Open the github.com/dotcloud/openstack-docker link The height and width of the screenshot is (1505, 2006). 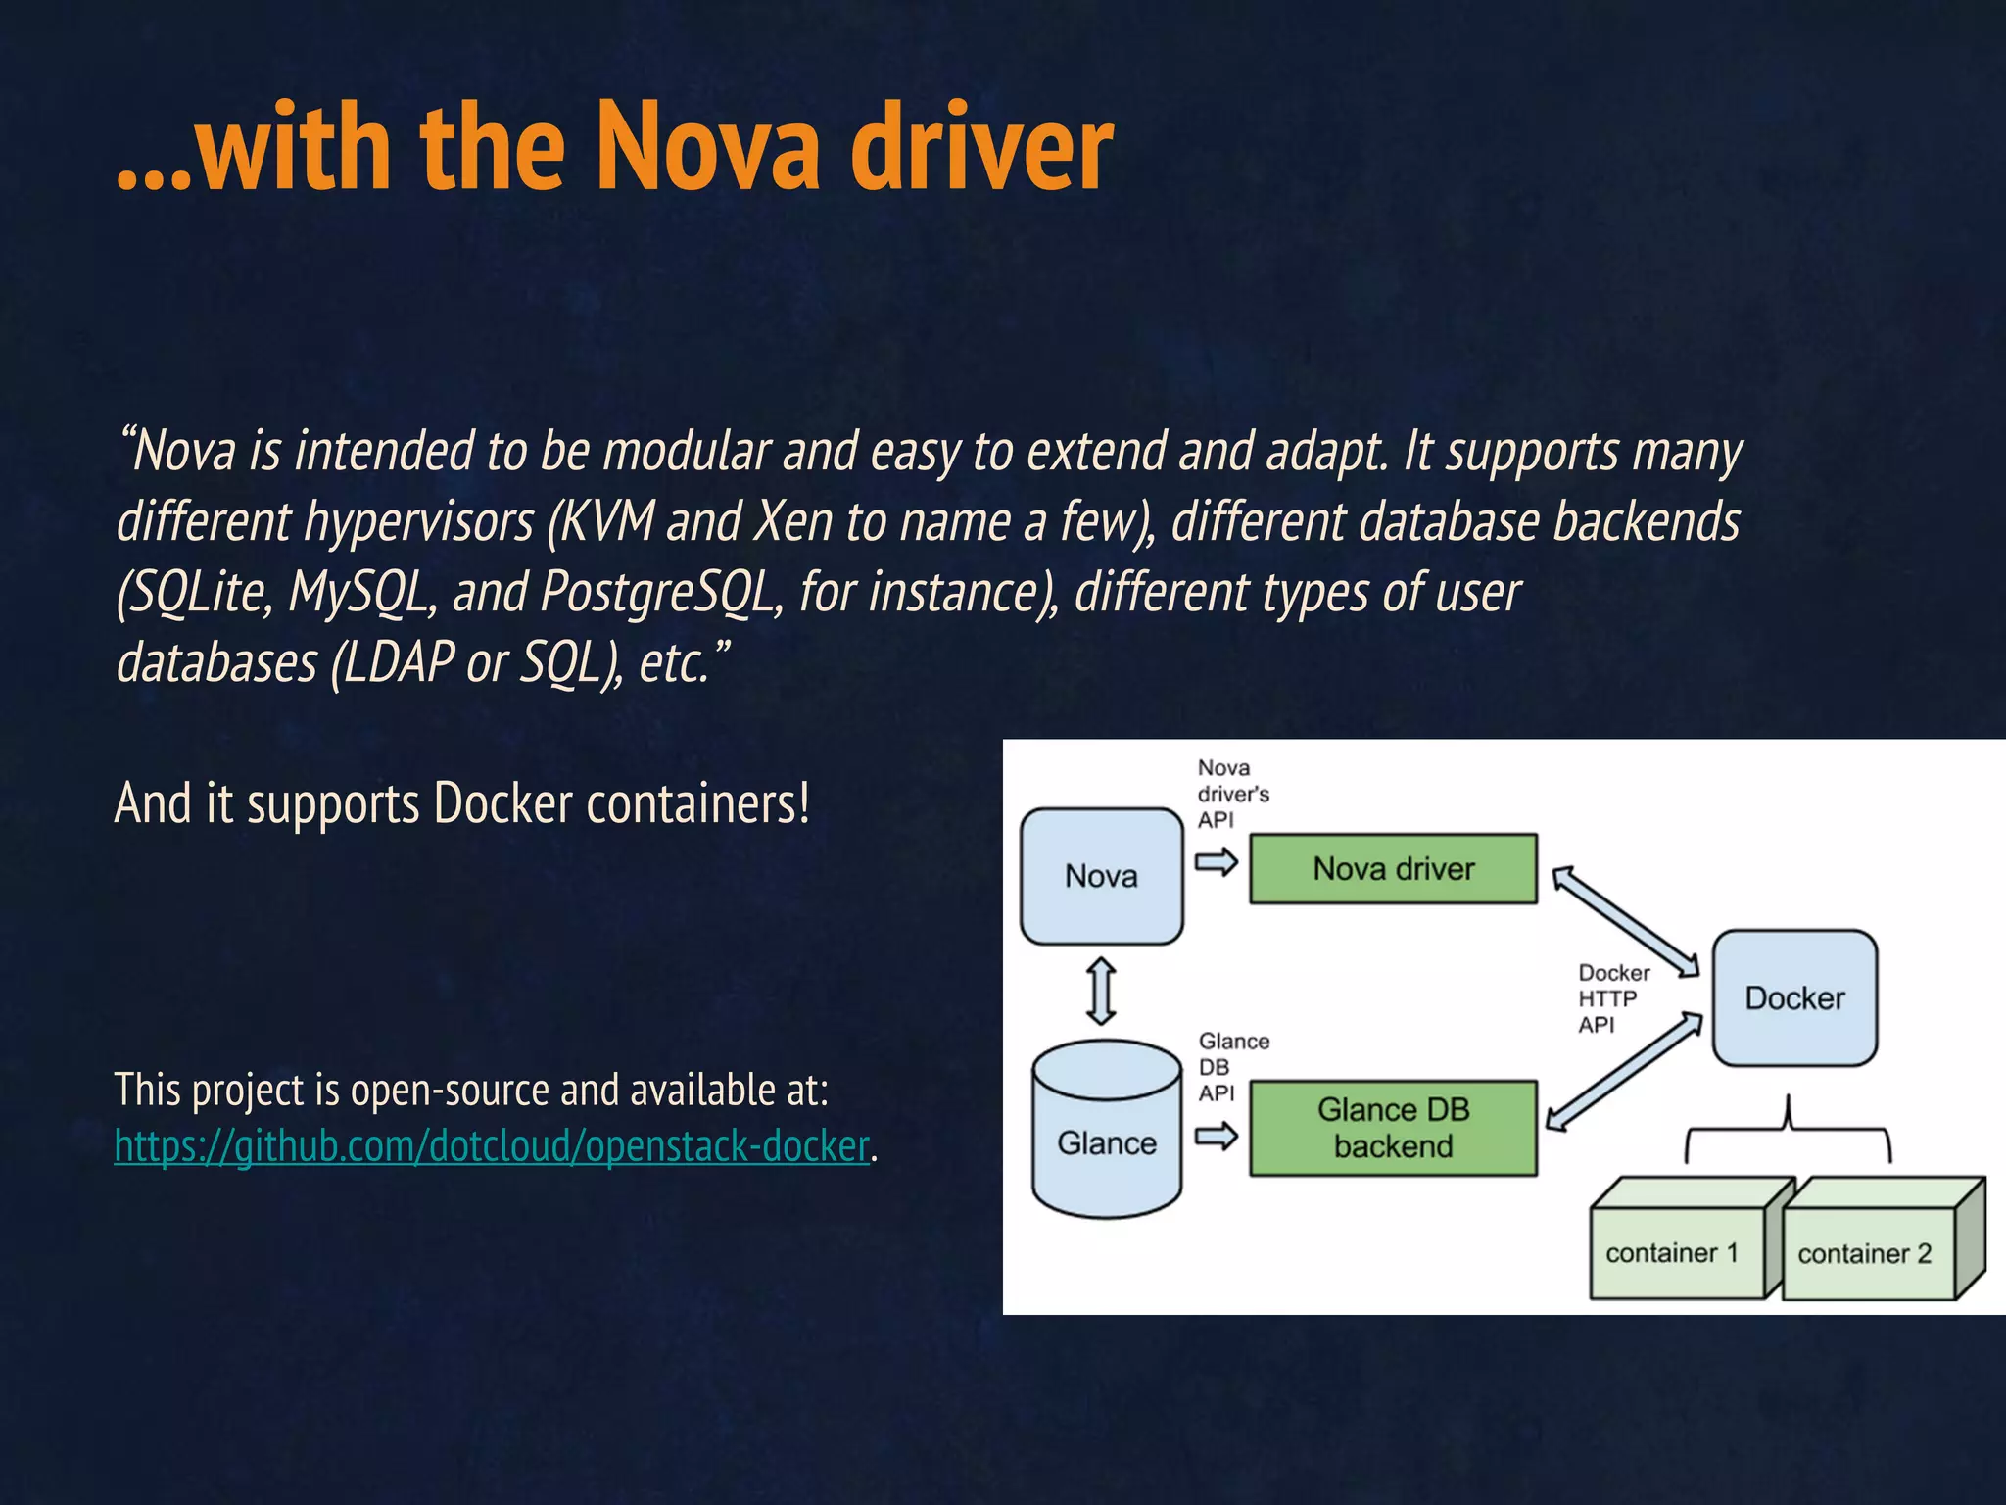tap(492, 1145)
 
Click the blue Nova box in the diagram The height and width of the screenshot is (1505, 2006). tap(1101, 876)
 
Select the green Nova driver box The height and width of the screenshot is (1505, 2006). tap(1393, 869)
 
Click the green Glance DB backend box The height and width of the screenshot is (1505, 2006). tap(1393, 1128)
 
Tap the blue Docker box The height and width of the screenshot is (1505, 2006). tap(1794, 998)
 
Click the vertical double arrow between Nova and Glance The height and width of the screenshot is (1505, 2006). tap(1102, 992)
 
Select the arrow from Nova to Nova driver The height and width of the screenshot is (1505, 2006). tap(1217, 862)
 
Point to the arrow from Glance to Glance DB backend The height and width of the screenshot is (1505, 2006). tap(1217, 1137)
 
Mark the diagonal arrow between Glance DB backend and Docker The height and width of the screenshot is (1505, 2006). tap(1624, 1073)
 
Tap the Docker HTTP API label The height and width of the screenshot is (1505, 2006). tap(1611, 998)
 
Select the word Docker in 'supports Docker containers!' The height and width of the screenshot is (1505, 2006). tap(502, 803)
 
